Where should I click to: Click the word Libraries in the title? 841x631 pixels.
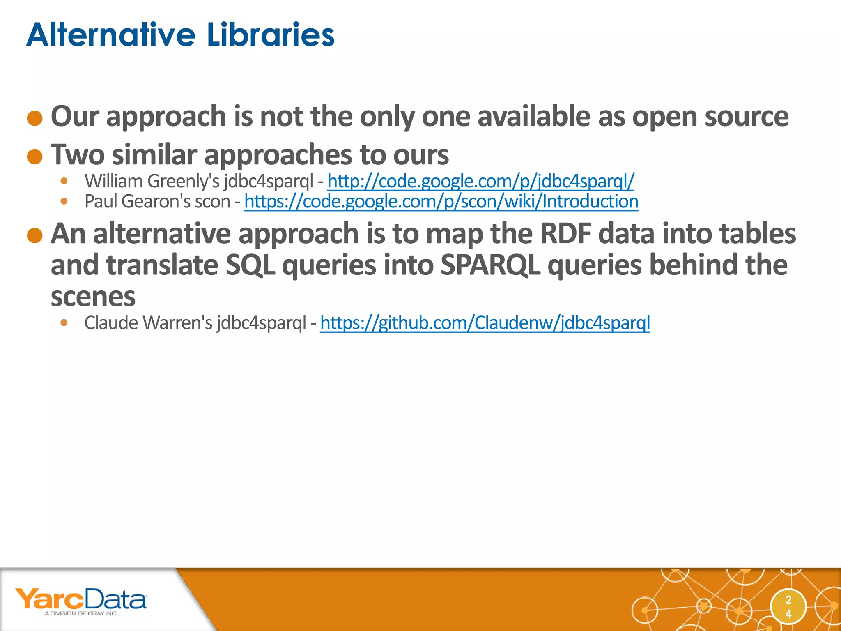pyautogui.click(x=271, y=35)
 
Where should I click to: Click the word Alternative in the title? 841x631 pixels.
pyautogui.click(x=111, y=35)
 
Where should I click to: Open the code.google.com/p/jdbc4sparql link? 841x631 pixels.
pyautogui.click(x=480, y=181)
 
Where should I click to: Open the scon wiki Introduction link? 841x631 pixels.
pyautogui.click(x=441, y=202)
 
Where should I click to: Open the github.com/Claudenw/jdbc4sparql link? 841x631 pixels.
pyautogui.click(x=485, y=323)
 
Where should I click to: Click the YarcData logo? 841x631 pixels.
pyautogui.click(x=81, y=600)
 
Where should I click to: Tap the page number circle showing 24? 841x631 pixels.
pyautogui.click(x=788, y=607)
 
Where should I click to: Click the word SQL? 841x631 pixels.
pyautogui.click(x=250, y=265)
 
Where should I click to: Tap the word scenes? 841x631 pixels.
pyautogui.click(x=93, y=297)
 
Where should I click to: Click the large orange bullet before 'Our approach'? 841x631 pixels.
pyautogui.click(x=35, y=118)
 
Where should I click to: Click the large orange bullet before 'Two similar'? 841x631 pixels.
pyautogui.click(x=35, y=157)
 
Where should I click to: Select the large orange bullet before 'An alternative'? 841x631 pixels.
pyautogui.click(x=35, y=235)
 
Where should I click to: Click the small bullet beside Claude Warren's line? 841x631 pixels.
pyautogui.click(x=64, y=322)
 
